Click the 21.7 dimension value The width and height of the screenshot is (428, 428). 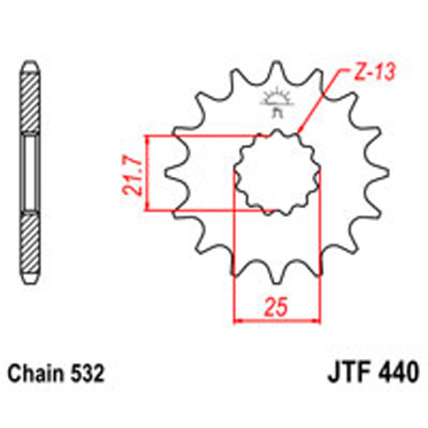(131, 173)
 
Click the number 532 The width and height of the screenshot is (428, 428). (88, 373)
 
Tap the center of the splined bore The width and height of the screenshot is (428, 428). (275, 171)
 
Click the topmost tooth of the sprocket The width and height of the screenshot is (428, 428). (275, 69)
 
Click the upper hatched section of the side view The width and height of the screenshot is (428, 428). (29, 100)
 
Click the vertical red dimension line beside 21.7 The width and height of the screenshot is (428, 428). (147, 173)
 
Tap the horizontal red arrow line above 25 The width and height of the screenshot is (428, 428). (275, 320)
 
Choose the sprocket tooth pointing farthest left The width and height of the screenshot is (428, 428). (169, 171)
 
